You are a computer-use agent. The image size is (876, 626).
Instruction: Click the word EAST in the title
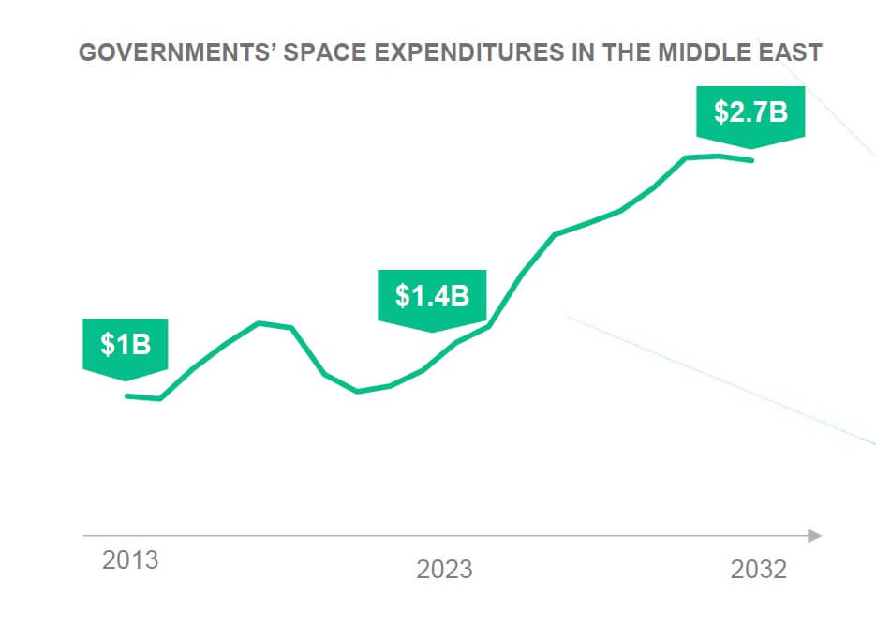coord(788,52)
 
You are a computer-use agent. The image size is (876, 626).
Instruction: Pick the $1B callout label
coord(126,345)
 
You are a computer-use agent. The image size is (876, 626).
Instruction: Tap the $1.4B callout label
coord(432,296)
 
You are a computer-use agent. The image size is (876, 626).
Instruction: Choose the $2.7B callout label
coord(750,112)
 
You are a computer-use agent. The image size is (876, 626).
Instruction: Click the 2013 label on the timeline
coord(130,560)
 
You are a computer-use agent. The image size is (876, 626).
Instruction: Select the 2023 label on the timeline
coord(445,569)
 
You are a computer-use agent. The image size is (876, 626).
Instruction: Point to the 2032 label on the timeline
coord(759,569)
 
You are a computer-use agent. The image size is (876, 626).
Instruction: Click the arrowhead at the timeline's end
coord(814,535)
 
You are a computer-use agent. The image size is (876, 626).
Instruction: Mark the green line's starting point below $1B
coord(127,395)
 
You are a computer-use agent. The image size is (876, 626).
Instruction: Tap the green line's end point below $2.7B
coord(751,160)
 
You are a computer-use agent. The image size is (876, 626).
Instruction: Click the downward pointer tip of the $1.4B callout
coord(432,331)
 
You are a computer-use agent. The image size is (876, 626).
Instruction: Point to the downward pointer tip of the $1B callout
coord(126,380)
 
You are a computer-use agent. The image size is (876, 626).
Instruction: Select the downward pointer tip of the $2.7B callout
coord(750,148)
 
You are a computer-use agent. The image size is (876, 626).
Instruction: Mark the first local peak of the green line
coord(260,323)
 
